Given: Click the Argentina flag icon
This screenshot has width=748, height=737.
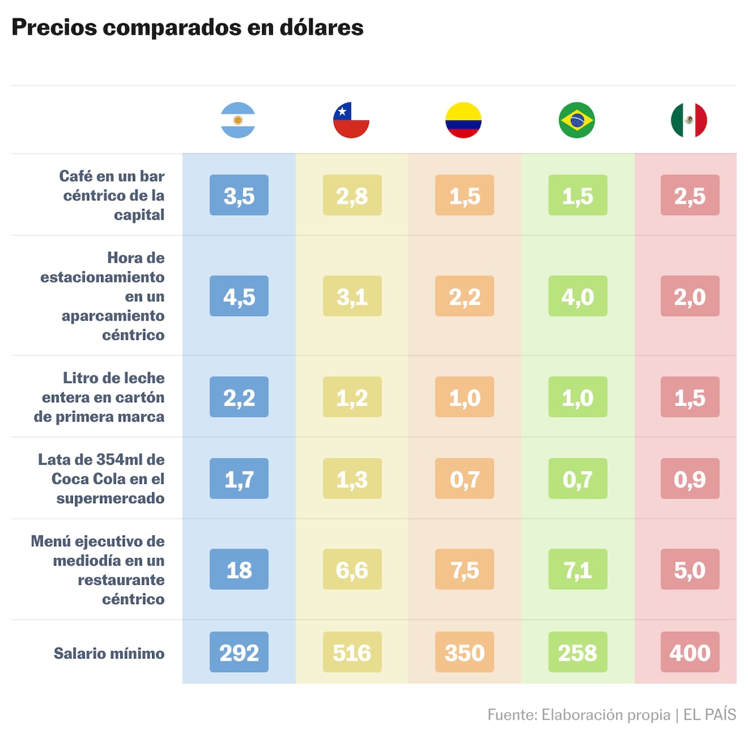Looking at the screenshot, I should point(238,120).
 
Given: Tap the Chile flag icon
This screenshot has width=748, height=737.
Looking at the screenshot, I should point(351,120).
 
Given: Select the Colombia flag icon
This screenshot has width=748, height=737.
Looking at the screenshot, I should point(464,120).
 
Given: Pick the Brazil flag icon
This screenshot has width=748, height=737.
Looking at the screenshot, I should point(577,120).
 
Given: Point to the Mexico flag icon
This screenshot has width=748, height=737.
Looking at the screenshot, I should point(689,120).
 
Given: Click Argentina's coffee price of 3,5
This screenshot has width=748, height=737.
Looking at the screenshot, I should point(239,196).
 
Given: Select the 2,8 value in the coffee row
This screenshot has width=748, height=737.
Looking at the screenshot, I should point(352,196).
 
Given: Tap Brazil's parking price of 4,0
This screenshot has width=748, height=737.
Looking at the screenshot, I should point(577,296).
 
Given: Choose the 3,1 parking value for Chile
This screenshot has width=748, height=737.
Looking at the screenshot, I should point(352,296).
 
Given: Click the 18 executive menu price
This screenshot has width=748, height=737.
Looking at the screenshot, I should point(239,569).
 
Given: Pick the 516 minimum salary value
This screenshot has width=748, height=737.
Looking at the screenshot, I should point(352,652).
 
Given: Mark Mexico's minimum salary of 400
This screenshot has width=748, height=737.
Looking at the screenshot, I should point(689,652).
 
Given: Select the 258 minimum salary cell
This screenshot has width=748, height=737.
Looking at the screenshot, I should point(577,652).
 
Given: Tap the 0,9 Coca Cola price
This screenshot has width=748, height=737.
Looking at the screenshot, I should point(689,479).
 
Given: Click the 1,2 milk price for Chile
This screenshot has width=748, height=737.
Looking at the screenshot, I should point(352,397).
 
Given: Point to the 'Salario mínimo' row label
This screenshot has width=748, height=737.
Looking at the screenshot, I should point(109,653).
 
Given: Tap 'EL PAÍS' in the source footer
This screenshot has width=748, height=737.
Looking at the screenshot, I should point(709,715).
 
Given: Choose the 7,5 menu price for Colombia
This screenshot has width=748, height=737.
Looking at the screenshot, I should point(464,569).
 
